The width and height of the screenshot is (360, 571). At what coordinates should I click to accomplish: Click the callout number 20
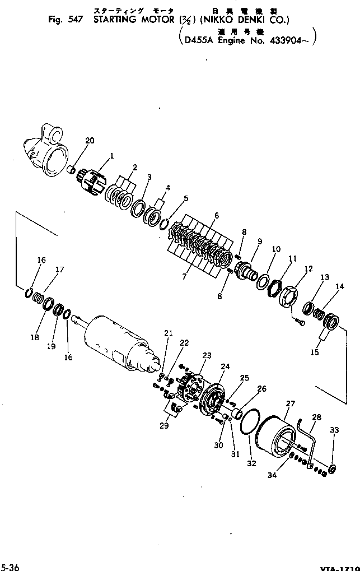(90, 141)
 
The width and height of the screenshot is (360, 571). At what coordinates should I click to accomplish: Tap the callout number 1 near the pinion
(111, 156)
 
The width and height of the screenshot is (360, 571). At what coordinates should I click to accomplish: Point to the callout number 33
(334, 430)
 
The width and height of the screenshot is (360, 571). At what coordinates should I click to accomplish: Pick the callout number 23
(207, 355)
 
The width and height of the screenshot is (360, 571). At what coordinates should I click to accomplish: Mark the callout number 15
(315, 352)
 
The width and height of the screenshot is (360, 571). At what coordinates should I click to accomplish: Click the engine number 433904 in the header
(291, 41)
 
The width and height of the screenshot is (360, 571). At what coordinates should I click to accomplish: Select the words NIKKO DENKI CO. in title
(253, 21)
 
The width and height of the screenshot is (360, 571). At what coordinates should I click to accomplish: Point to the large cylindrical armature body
(115, 338)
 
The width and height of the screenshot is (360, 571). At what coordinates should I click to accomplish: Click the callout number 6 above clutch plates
(216, 215)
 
